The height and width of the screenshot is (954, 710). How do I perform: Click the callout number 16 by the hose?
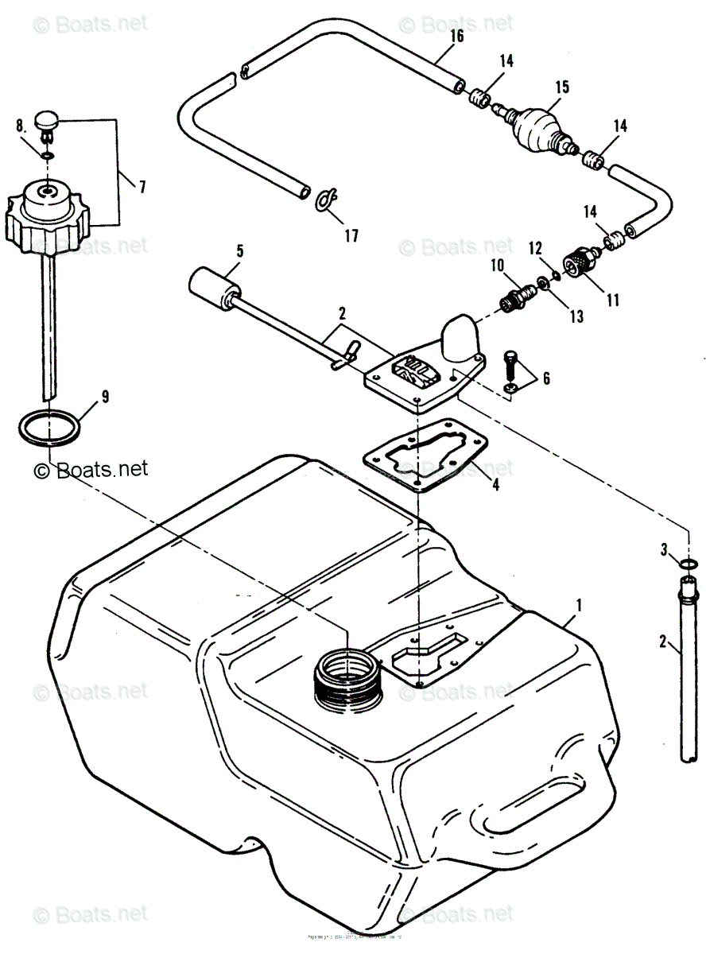(x=456, y=36)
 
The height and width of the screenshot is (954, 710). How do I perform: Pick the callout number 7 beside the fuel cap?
(x=142, y=187)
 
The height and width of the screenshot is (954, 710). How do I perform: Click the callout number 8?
(x=20, y=124)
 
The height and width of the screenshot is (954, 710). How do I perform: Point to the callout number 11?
(x=612, y=301)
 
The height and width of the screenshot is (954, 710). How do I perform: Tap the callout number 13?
(x=576, y=316)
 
